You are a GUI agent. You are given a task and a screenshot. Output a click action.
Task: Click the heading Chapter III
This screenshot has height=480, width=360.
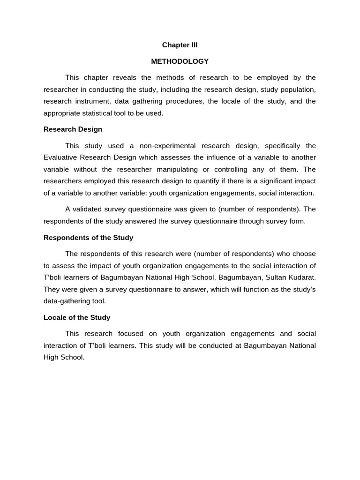tap(180, 45)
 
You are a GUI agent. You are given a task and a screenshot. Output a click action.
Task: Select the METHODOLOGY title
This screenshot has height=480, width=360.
tap(180, 61)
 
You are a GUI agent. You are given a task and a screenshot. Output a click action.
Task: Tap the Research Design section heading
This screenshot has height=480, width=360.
tap(73, 129)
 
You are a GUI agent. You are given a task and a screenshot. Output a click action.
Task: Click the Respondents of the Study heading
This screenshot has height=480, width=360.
tap(88, 238)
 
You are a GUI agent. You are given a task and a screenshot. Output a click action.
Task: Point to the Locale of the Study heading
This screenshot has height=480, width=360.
tap(77, 317)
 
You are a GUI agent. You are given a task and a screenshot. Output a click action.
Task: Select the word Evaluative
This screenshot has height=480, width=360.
tap(61, 157)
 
